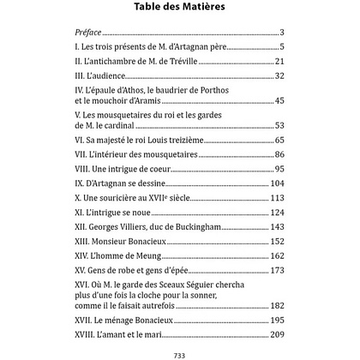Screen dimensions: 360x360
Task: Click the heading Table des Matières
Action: coord(179,9)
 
